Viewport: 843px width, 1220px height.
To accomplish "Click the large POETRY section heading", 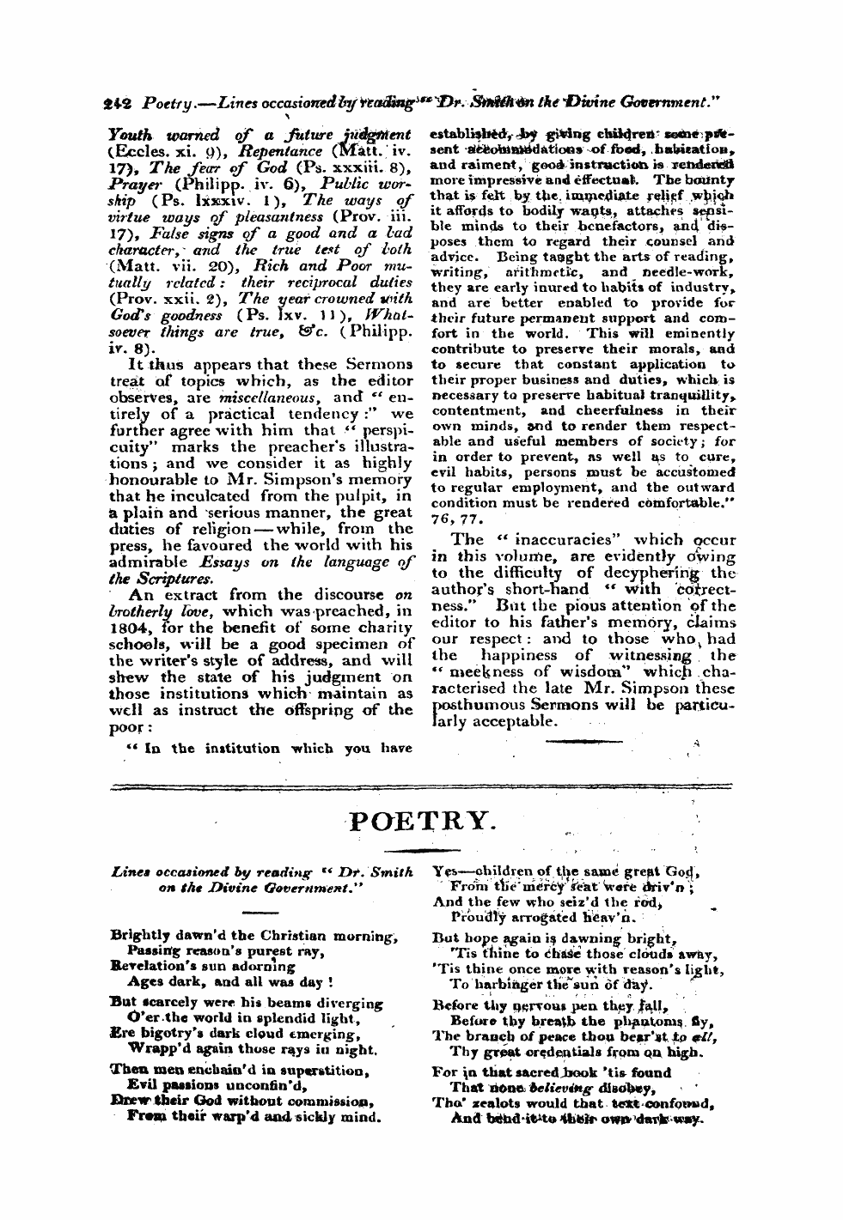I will tap(421, 823).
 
